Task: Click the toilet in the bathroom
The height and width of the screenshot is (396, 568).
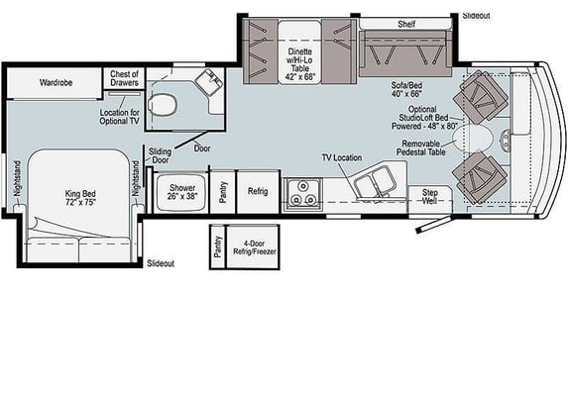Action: (x=163, y=105)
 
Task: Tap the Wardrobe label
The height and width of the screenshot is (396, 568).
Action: (x=56, y=82)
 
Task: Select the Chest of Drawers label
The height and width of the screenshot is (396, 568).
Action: (x=124, y=78)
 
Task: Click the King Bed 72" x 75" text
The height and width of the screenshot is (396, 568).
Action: (x=80, y=198)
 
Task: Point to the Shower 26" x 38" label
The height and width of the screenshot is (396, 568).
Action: (x=182, y=192)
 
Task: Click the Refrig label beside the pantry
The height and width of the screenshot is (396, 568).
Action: (x=258, y=191)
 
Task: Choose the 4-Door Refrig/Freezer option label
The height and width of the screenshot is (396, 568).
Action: (x=255, y=247)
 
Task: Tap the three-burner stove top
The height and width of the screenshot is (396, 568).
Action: (x=303, y=194)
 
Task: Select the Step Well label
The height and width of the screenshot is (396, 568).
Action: (x=429, y=196)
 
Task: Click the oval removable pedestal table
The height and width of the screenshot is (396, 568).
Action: (x=474, y=139)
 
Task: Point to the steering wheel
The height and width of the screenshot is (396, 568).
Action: (x=506, y=140)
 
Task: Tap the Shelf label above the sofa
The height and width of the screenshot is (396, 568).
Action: (x=406, y=24)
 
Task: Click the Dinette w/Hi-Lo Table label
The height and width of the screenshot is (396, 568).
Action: (x=300, y=64)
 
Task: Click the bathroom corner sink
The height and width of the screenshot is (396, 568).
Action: (x=209, y=81)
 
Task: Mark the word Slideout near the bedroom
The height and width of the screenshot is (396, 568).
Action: (x=161, y=263)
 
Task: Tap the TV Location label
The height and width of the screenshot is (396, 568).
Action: (x=342, y=157)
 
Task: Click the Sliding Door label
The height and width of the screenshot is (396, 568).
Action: (x=161, y=155)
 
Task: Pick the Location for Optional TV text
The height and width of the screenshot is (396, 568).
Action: (x=120, y=117)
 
